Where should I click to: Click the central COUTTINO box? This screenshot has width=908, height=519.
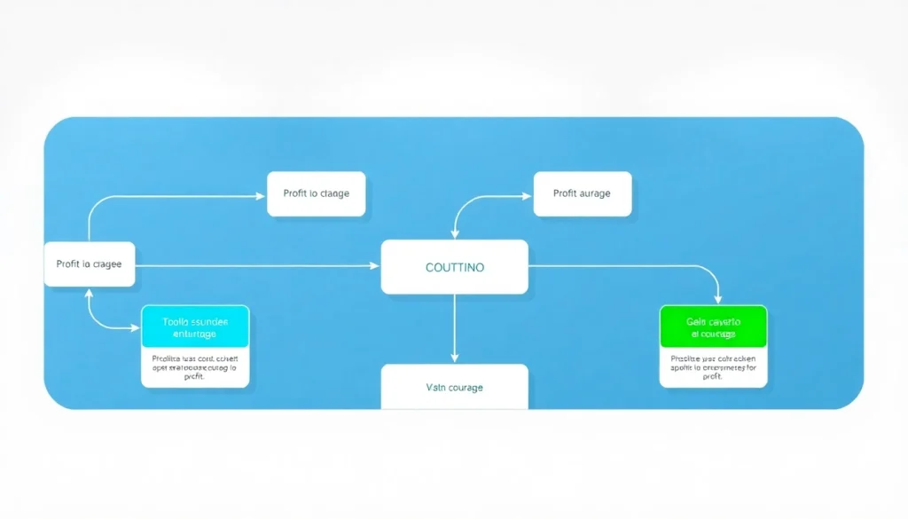click(x=454, y=266)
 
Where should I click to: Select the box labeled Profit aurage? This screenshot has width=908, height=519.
click(x=582, y=193)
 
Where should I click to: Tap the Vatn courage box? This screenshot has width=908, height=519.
click(x=454, y=387)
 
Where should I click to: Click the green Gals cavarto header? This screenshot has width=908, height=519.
click(x=713, y=327)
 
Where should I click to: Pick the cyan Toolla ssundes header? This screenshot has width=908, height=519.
click(x=195, y=327)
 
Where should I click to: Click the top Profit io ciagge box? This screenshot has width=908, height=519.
click(x=316, y=193)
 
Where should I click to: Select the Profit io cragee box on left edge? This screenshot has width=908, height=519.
click(x=89, y=263)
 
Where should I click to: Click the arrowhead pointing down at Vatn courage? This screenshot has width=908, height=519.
click(x=454, y=358)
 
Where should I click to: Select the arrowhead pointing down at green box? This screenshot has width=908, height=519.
click(x=718, y=300)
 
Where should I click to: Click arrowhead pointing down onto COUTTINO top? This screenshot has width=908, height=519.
click(x=455, y=234)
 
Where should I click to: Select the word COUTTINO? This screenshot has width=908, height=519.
click(x=454, y=267)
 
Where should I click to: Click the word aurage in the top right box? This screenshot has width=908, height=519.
click(x=594, y=193)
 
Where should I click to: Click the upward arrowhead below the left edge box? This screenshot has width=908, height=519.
click(x=89, y=292)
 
